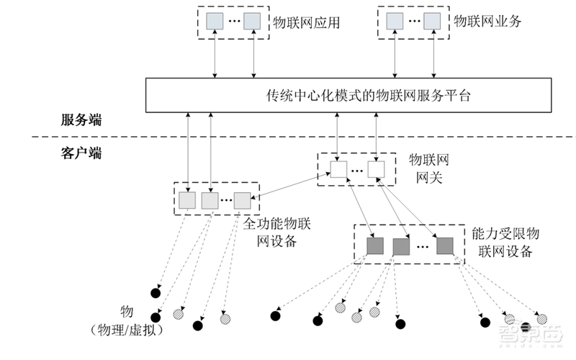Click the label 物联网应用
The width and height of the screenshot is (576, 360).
[305, 22]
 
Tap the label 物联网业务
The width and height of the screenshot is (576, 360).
[487, 22]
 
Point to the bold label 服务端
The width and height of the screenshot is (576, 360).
[81, 120]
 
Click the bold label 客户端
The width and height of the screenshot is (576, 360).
[81, 153]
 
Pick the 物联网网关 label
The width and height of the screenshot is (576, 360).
[429, 167]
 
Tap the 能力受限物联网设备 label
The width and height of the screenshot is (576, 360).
[505, 243]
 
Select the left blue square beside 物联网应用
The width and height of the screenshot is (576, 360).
[215, 22]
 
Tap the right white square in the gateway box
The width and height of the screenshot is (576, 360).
[377, 169]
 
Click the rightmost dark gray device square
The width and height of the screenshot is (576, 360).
[444, 246]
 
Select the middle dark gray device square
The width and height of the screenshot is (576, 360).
[401, 247]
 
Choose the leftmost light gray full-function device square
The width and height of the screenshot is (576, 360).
[187, 200]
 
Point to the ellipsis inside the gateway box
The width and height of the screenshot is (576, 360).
[358, 171]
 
